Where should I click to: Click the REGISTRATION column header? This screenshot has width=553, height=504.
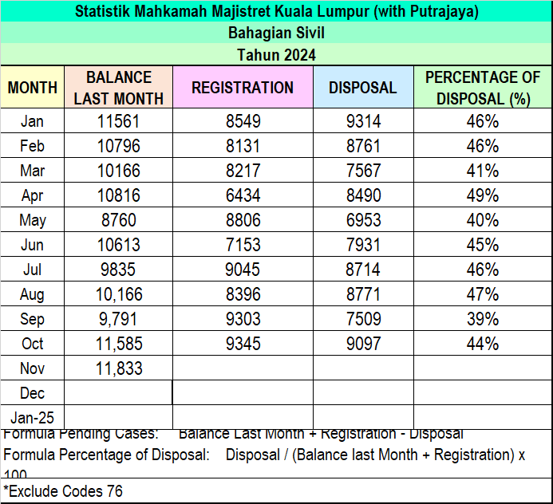click(x=243, y=88)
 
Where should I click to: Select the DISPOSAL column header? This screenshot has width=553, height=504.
click(x=363, y=88)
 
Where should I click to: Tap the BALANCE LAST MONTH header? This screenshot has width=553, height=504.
click(x=118, y=88)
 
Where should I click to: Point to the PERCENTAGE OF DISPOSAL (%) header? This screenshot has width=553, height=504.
click(x=482, y=88)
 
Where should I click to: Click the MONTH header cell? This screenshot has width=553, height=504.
click(x=33, y=88)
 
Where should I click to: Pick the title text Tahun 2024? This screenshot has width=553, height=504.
click(x=276, y=55)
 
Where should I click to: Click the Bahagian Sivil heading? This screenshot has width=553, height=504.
click(x=276, y=33)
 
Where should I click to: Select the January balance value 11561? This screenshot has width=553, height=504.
click(x=118, y=121)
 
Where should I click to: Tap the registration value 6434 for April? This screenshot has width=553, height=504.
click(x=243, y=195)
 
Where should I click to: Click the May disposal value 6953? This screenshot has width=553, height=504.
click(x=363, y=220)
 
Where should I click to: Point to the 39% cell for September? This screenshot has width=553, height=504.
click(x=482, y=319)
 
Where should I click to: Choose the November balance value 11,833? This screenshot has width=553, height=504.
click(x=118, y=368)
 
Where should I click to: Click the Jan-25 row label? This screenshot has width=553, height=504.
click(x=33, y=417)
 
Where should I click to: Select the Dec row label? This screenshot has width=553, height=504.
click(x=33, y=393)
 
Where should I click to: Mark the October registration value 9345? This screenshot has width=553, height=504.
click(x=243, y=344)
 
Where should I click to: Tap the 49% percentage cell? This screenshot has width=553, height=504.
click(x=482, y=195)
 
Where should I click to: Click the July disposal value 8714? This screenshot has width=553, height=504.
click(x=363, y=270)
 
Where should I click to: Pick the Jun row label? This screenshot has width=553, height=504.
click(x=33, y=245)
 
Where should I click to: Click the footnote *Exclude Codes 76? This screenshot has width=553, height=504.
click(x=63, y=491)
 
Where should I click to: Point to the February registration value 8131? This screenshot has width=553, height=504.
click(x=243, y=146)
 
